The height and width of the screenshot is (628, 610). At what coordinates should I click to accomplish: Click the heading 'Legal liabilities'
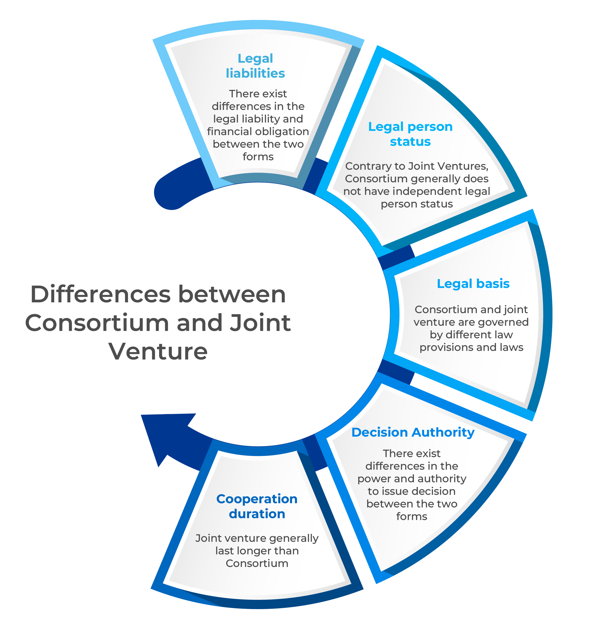click(255, 66)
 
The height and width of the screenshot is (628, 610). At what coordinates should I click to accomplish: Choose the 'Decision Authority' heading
click(413, 433)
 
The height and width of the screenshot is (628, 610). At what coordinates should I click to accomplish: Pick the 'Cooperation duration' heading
click(257, 506)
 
